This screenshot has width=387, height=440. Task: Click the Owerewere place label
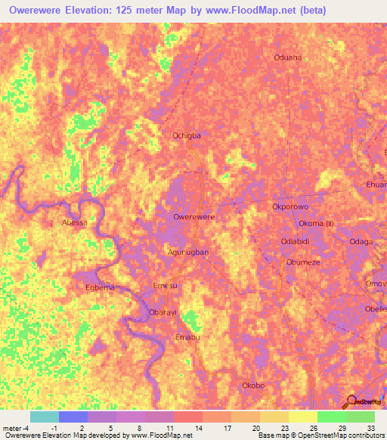tap(194, 217)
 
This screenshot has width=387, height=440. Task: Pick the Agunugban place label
tap(187, 252)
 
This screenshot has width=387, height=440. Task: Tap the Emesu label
tap(165, 285)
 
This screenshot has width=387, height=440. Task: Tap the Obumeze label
tap(303, 262)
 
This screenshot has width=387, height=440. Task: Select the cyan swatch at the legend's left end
tap(44, 417)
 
